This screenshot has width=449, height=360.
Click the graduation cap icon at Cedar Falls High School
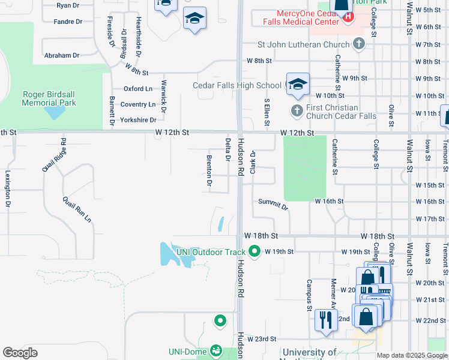tap(297, 85)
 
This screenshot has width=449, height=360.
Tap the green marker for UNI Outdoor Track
tap(255, 252)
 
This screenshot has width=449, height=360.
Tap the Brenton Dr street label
tap(209, 172)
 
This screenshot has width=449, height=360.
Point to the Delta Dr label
tap(228, 151)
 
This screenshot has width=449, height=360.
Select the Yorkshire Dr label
tap(138, 120)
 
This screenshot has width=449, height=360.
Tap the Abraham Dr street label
tap(62, 55)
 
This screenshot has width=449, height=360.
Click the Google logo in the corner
tap(20, 353)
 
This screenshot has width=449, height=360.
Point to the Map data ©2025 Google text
tap(411, 355)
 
